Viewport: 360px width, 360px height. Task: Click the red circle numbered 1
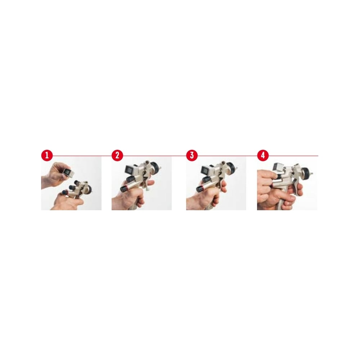click(47, 156)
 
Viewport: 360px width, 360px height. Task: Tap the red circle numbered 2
click(117, 156)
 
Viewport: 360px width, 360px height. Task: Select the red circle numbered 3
click(192, 156)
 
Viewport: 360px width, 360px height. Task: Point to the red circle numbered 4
click(263, 156)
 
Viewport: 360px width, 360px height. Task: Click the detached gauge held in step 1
click(68, 171)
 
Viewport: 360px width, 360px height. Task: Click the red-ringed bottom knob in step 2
click(124, 189)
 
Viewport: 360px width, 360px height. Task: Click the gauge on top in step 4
click(277, 167)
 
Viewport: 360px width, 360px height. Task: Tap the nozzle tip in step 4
click(312, 174)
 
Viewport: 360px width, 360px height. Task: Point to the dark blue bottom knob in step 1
click(64, 192)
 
